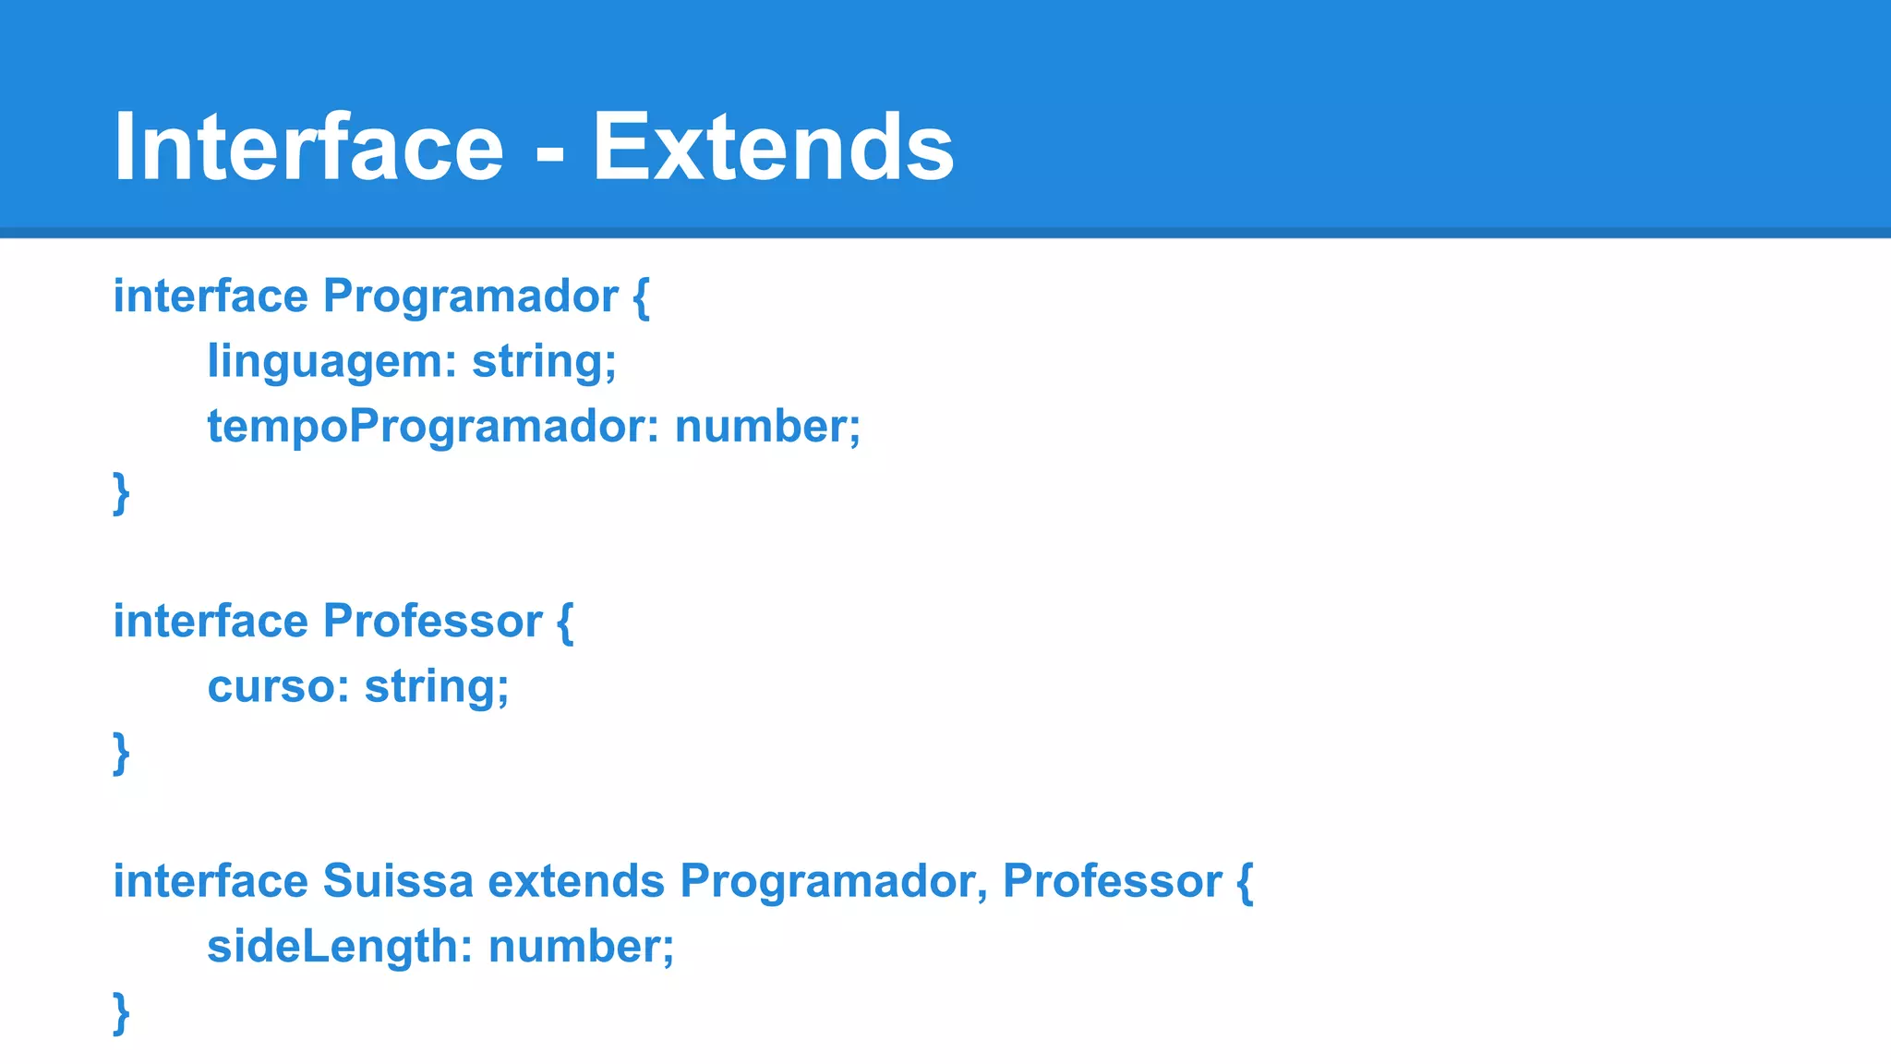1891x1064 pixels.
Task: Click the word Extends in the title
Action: coord(773,147)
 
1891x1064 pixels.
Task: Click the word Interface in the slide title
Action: coord(308,147)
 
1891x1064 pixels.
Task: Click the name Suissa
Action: coord(398,881)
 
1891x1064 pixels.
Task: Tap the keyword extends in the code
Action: coord(576,881)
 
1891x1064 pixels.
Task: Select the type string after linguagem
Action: coord(544,361)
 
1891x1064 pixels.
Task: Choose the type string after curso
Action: coord(436,686)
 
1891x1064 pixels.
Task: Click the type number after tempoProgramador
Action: coord(767,427)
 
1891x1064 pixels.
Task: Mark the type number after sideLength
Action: coord(581,947)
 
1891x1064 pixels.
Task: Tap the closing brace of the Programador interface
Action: coord(121,493)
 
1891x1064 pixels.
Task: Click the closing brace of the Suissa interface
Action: coord(121,1013)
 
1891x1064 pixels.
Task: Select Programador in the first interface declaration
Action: coord(470,296)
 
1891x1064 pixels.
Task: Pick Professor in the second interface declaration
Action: coord(432,621)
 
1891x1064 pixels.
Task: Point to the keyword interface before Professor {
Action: coord(211,621)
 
